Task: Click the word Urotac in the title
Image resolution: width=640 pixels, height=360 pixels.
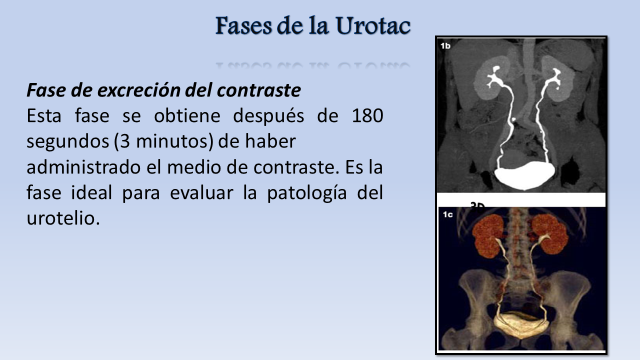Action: click(x=373, y=25)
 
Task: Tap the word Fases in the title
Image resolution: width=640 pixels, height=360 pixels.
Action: click(x=243, y=25)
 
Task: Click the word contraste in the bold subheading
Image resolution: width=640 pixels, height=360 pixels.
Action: click(x=259, y=90)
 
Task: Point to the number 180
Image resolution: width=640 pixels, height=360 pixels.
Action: click(x=367, y=115)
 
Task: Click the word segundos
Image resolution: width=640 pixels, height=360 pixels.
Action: click(x=67, y=141)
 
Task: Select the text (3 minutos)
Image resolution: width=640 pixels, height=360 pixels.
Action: click(x=163, y=141)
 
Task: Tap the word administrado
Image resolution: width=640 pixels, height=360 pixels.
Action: click(x=83, y=167)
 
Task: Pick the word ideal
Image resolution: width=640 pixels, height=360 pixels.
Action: click(x=91, y=192)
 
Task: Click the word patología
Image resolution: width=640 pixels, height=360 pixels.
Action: click(x=307, y=193)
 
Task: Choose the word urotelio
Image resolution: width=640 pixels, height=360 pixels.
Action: click(x=63, y=218)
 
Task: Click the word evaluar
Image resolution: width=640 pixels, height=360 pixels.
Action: click(x=201, y=193)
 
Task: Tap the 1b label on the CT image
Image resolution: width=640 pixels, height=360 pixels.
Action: click(x=445, y=45)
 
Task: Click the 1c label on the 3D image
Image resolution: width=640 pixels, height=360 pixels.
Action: click(x=447, y=214)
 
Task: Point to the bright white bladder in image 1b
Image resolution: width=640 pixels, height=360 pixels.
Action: click(x=525, y=174)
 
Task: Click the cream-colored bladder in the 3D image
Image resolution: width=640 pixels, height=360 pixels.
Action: click(x=521, y=325)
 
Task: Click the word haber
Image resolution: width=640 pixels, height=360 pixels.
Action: click(x=270, y=141)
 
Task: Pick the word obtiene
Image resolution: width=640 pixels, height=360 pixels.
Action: click(x=187, y=115)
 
